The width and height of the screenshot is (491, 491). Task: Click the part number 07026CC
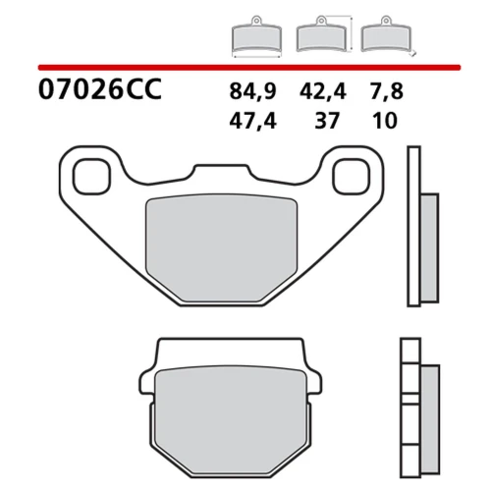(100, 89)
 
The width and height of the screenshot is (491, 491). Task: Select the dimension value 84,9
(252, 91)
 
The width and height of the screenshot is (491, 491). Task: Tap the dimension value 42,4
(323, 91)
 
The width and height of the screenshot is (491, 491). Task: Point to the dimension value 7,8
(387, 91)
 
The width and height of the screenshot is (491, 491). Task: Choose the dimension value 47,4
(252, 121)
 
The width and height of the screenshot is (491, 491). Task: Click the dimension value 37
(327, 121)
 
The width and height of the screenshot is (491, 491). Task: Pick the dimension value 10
(385, 121)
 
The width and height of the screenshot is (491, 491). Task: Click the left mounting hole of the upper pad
(91, 177)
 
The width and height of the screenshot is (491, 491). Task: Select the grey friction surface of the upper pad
(222, 248)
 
